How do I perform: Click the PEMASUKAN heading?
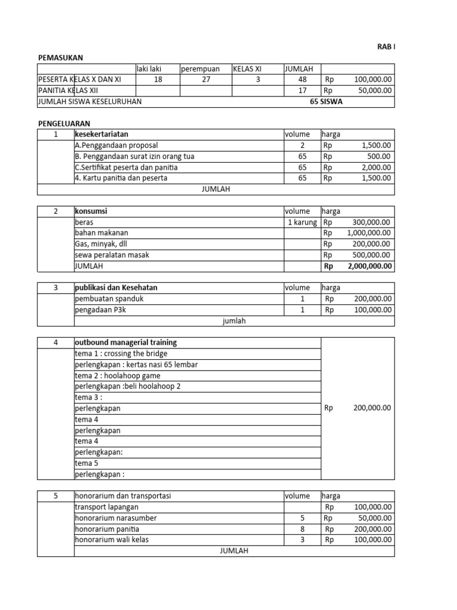point(60,58)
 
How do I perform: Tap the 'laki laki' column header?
point(149,69)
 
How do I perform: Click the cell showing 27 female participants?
point(206,80)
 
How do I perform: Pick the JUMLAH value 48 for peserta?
point(302,80)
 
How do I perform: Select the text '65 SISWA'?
point(326,102)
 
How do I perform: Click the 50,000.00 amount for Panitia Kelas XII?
point(373,91)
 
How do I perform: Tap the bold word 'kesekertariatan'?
point(101,135)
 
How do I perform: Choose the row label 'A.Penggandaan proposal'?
point(117,145)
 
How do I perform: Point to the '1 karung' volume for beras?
point(303,222)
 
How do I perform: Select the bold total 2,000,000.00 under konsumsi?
point(366,266)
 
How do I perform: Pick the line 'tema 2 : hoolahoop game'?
point(117,376)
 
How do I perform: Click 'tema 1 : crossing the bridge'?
point(121,354)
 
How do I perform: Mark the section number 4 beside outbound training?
point(55,343)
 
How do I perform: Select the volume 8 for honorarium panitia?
point(302,529)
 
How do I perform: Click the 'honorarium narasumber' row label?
point(115,518)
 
